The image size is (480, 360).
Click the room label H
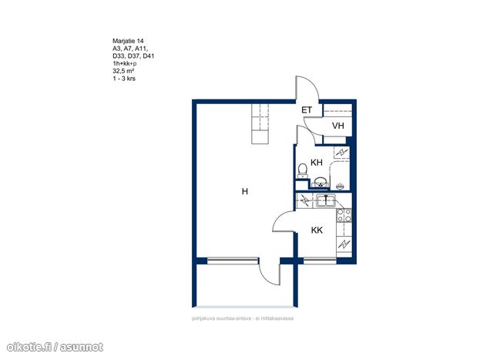[245, 191]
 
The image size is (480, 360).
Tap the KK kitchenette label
[317, 230]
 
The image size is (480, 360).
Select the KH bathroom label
[317, 163]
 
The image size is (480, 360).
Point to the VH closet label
[338, 126]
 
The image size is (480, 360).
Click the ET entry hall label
[307, 110]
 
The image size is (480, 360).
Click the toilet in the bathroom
[303, 171]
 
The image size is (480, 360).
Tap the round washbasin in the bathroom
[320, 182]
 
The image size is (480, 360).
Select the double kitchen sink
[327, 201]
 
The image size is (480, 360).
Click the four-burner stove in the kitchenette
[344, 215]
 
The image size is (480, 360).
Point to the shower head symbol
[341, 185]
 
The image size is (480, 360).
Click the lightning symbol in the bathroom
[341, 152]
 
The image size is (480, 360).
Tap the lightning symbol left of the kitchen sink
[304, 200]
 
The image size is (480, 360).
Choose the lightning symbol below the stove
[344, 244]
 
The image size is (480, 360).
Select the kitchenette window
[320, 261]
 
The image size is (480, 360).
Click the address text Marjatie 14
[128, 41]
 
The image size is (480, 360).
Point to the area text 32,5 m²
[123, 71]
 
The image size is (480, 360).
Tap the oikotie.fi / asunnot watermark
[55, 347]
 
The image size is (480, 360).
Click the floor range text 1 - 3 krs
[124, 79]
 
